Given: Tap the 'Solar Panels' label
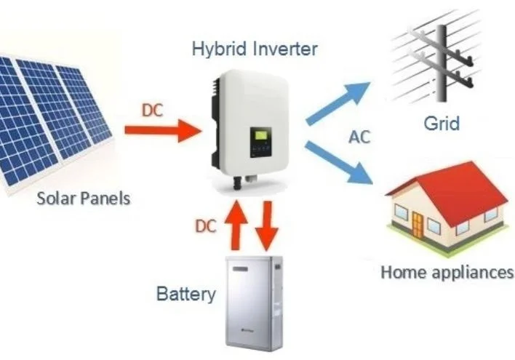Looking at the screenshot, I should coord(82,198).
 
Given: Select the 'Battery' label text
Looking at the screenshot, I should coord(186,294).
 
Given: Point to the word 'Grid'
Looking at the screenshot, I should coord(442,122).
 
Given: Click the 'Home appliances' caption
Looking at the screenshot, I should coord(447,273).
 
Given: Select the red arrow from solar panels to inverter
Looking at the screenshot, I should coord(162,132).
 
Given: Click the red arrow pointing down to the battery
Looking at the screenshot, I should coord(268,224).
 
